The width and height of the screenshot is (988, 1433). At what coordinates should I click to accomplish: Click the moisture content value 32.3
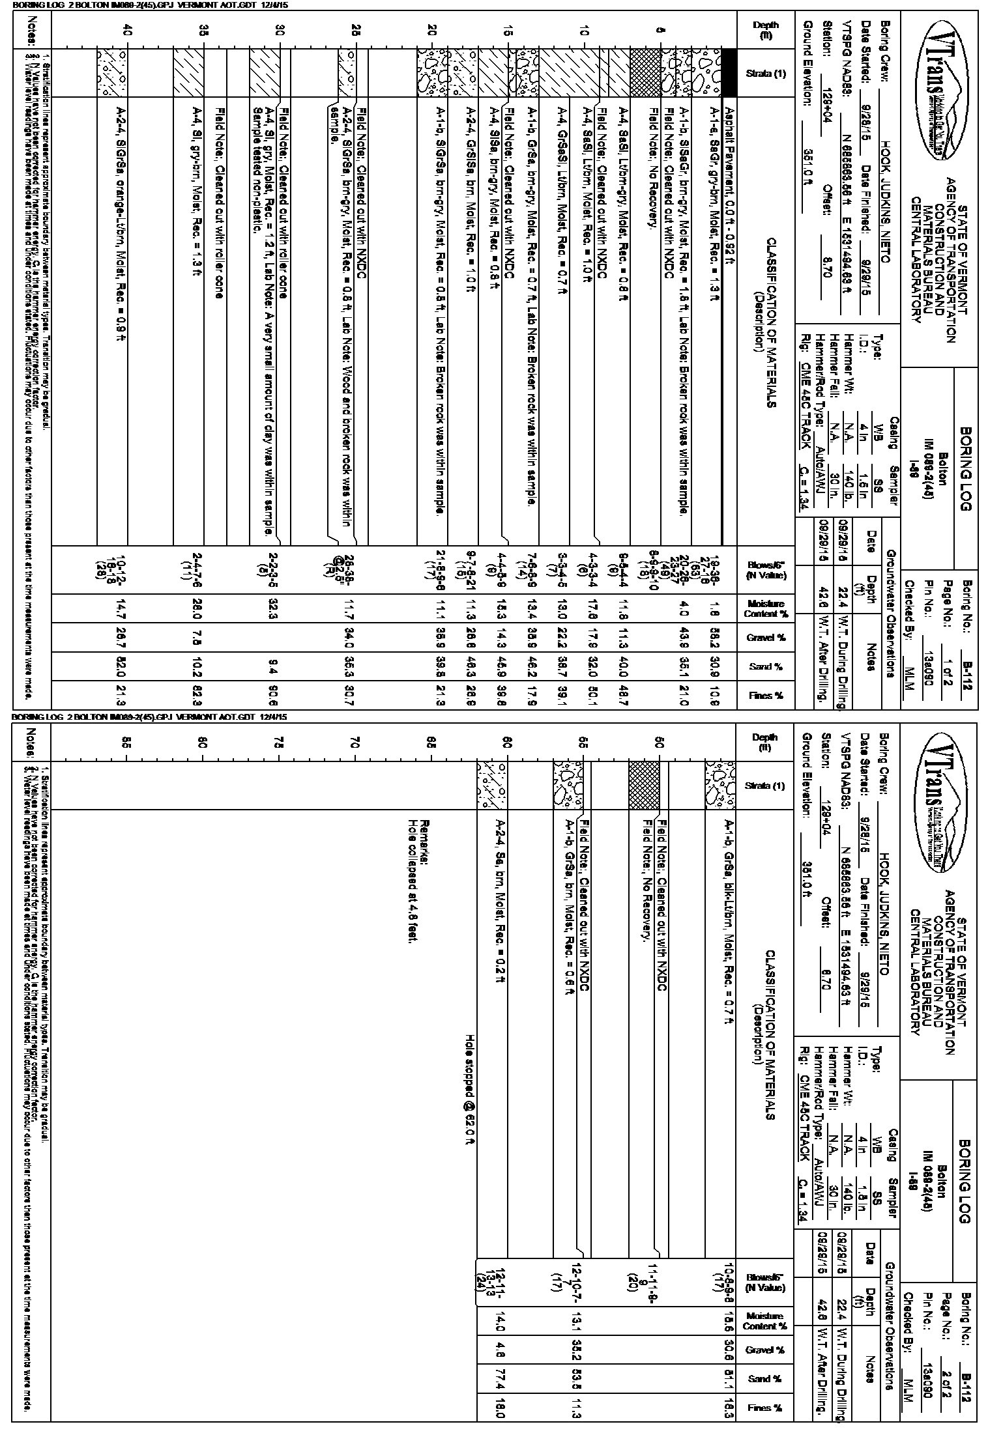point(280,608)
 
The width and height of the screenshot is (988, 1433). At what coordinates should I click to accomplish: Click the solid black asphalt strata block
point(731,74)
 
